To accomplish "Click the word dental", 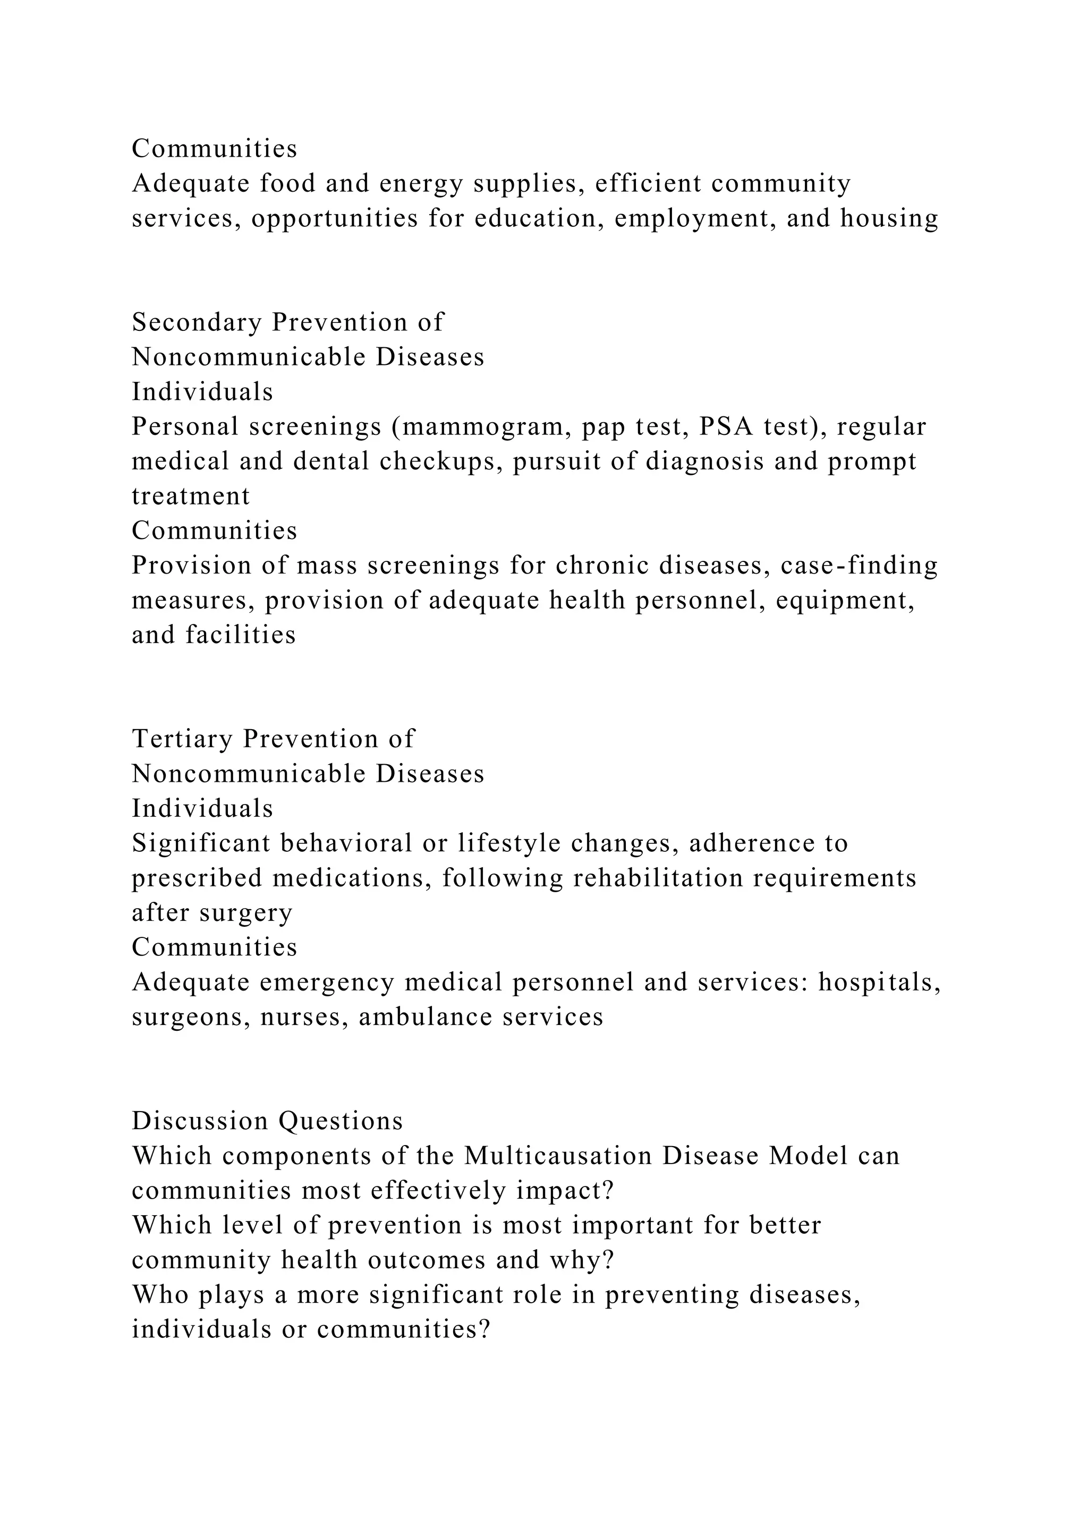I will point(331,462).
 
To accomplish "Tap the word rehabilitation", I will point(658,878).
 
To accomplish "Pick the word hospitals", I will point(879,982).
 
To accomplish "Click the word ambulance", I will point(426,1018).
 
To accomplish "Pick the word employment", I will point(695,218).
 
